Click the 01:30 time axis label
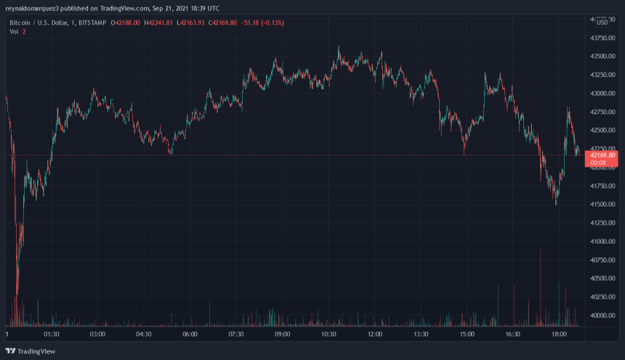tap(51, 335)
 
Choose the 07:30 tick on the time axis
tap(235, 335)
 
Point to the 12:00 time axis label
tap(374, 335)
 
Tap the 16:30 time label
tap(513, 335)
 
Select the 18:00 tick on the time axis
tap(560, 335)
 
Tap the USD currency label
tap(602, 23)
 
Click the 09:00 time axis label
tap(282, 335)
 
